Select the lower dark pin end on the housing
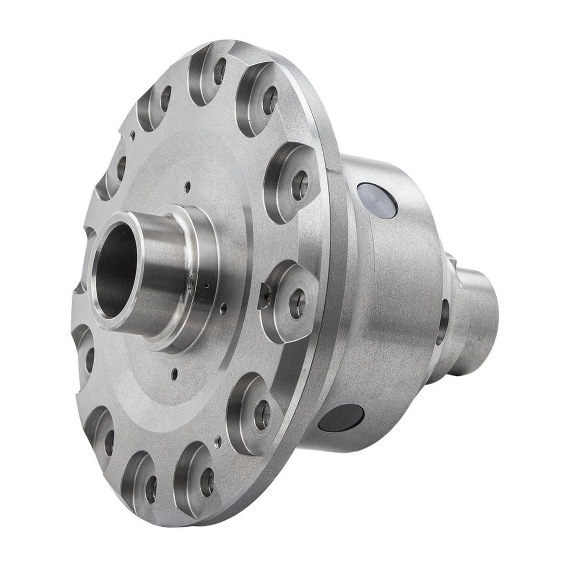[341, 418]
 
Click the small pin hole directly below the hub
[175, 374]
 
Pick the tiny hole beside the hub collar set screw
[208, 286]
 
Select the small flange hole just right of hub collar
[223, 309]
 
